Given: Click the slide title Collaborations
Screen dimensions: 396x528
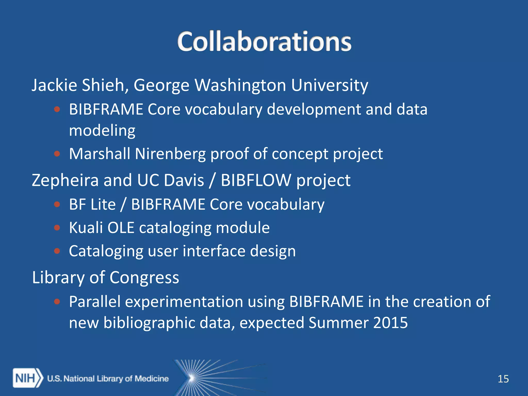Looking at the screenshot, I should tap(264, 41).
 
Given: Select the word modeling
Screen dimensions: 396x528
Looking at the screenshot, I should tap(102, 130).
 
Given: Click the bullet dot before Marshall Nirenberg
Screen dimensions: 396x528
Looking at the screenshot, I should tap(57, 154).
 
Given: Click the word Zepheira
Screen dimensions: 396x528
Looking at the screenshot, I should tap(65, 180).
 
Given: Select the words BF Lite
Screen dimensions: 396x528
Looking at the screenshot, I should tap(92, 204).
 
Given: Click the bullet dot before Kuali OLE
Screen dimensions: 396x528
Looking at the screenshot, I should tap(57, 228).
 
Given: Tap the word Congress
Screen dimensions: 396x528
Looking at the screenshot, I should tap(144, 278).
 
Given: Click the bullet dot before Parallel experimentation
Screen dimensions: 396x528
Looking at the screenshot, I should tap(57, 301).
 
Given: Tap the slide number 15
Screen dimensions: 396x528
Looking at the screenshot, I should tap(503, 379).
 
